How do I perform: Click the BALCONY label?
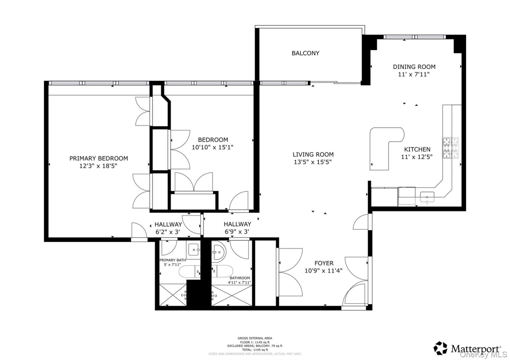coord(305,53)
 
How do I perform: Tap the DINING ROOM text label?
coord(414,67)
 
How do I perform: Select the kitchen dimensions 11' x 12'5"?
coord(416,157)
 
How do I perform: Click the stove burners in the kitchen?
coord(450,148)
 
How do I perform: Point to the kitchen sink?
coord(427,197)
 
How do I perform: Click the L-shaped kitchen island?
coord(382,147)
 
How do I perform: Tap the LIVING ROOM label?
coord(313,155)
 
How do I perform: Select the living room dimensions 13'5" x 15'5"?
coord(313,162)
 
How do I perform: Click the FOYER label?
coord(324,263)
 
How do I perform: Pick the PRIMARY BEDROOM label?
coord(98,158)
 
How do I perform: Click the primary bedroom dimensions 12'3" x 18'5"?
coord(98,166)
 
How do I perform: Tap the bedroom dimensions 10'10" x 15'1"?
coord(213,147)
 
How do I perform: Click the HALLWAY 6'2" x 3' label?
coord(168,228)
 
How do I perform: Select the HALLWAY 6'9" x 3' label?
coord(237,228)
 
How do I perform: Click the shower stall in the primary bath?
coord(173,295)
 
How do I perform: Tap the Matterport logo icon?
coord(440,348)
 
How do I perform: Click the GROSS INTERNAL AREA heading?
coord(255,338)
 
